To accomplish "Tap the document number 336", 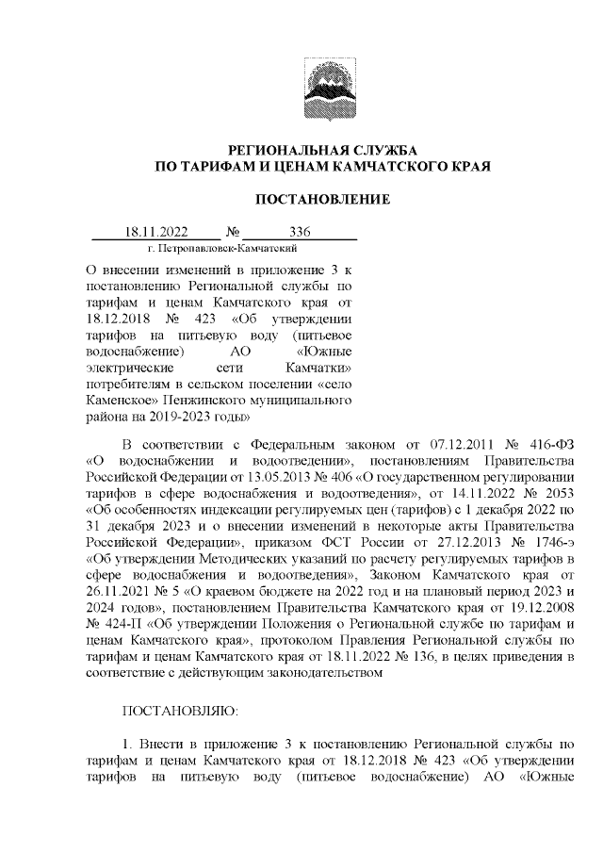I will click(300, 232).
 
